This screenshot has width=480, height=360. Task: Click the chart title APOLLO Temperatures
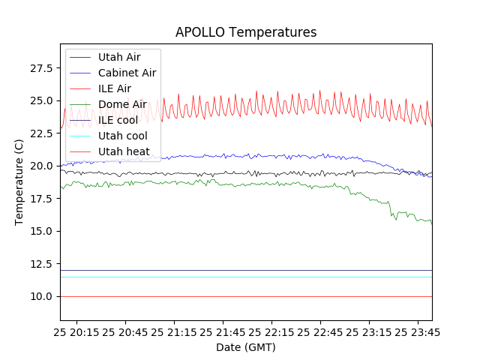246,32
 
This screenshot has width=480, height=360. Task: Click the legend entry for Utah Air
119,57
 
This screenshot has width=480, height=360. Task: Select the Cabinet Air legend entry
127,73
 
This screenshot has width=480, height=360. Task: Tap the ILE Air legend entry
115,88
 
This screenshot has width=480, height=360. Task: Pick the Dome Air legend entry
122,104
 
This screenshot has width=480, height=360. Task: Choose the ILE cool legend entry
118,120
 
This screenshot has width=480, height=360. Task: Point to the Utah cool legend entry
123,136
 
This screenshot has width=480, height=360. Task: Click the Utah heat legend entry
124,151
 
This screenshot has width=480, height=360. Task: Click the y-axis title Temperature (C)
19,182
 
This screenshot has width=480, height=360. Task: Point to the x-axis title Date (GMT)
246,347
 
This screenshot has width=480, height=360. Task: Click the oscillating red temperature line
300,105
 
